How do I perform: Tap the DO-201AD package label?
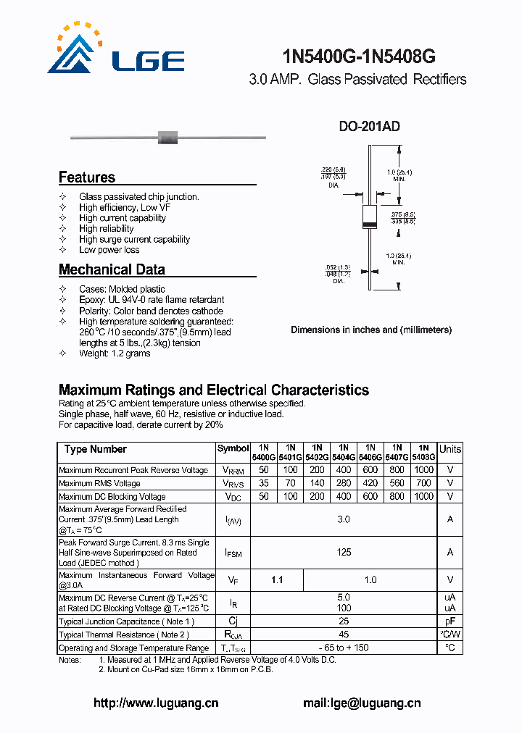click(x=369, y=127)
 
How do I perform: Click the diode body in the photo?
click(x=168, y=136)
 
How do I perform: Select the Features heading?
click(x=87, y=177)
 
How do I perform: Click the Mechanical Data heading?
click(x=112, y=269)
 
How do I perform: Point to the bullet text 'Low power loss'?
click(x=109, y=250)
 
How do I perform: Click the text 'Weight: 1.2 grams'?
click(x=115, y=353)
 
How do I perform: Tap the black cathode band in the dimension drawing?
click(x=370, y=225)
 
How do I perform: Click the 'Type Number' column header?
click(x=95, y=449)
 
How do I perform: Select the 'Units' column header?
click(x=450, y=449)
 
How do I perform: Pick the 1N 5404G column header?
click(x=344, y=453)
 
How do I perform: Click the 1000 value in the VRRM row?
click(x=423, y=470)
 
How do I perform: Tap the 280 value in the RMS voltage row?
click(x=344, y=483)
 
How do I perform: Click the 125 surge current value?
click(x=344, y=553)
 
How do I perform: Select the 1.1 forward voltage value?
click(x=277, y=580)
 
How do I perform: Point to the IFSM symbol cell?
click(x=233, y=553)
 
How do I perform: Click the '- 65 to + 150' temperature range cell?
click(x=344, y=648)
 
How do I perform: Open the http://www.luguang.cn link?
click(x=156, y=703)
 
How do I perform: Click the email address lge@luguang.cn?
click(x=361, y=703)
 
